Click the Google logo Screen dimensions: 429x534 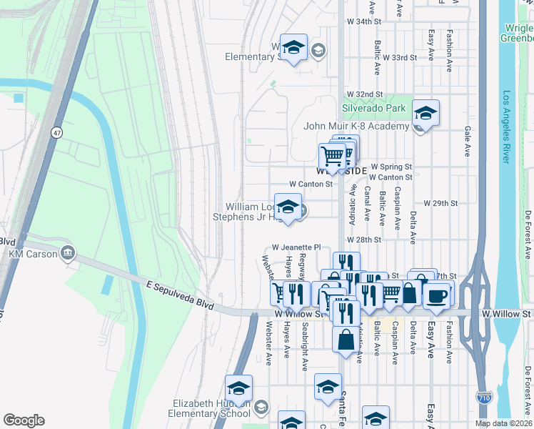(x=24, y=420)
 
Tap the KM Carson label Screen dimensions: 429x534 (x=34, y=254)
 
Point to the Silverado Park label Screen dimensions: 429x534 (x=373, y=108)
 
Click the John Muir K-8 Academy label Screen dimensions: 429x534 (x=356, y=127)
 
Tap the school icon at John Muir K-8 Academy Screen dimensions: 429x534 (x=425, y=114)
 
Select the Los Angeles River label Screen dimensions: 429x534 (x=506, y=127)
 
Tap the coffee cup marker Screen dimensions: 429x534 (x=436, y=295)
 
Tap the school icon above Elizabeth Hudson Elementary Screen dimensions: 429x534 (x=238, y=388)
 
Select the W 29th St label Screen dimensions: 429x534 (x=440, y=204)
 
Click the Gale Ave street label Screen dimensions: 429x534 (x=468, y=142)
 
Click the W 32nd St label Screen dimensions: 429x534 (x=365, y=94)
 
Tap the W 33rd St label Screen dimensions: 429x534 (x=399, y=57)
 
